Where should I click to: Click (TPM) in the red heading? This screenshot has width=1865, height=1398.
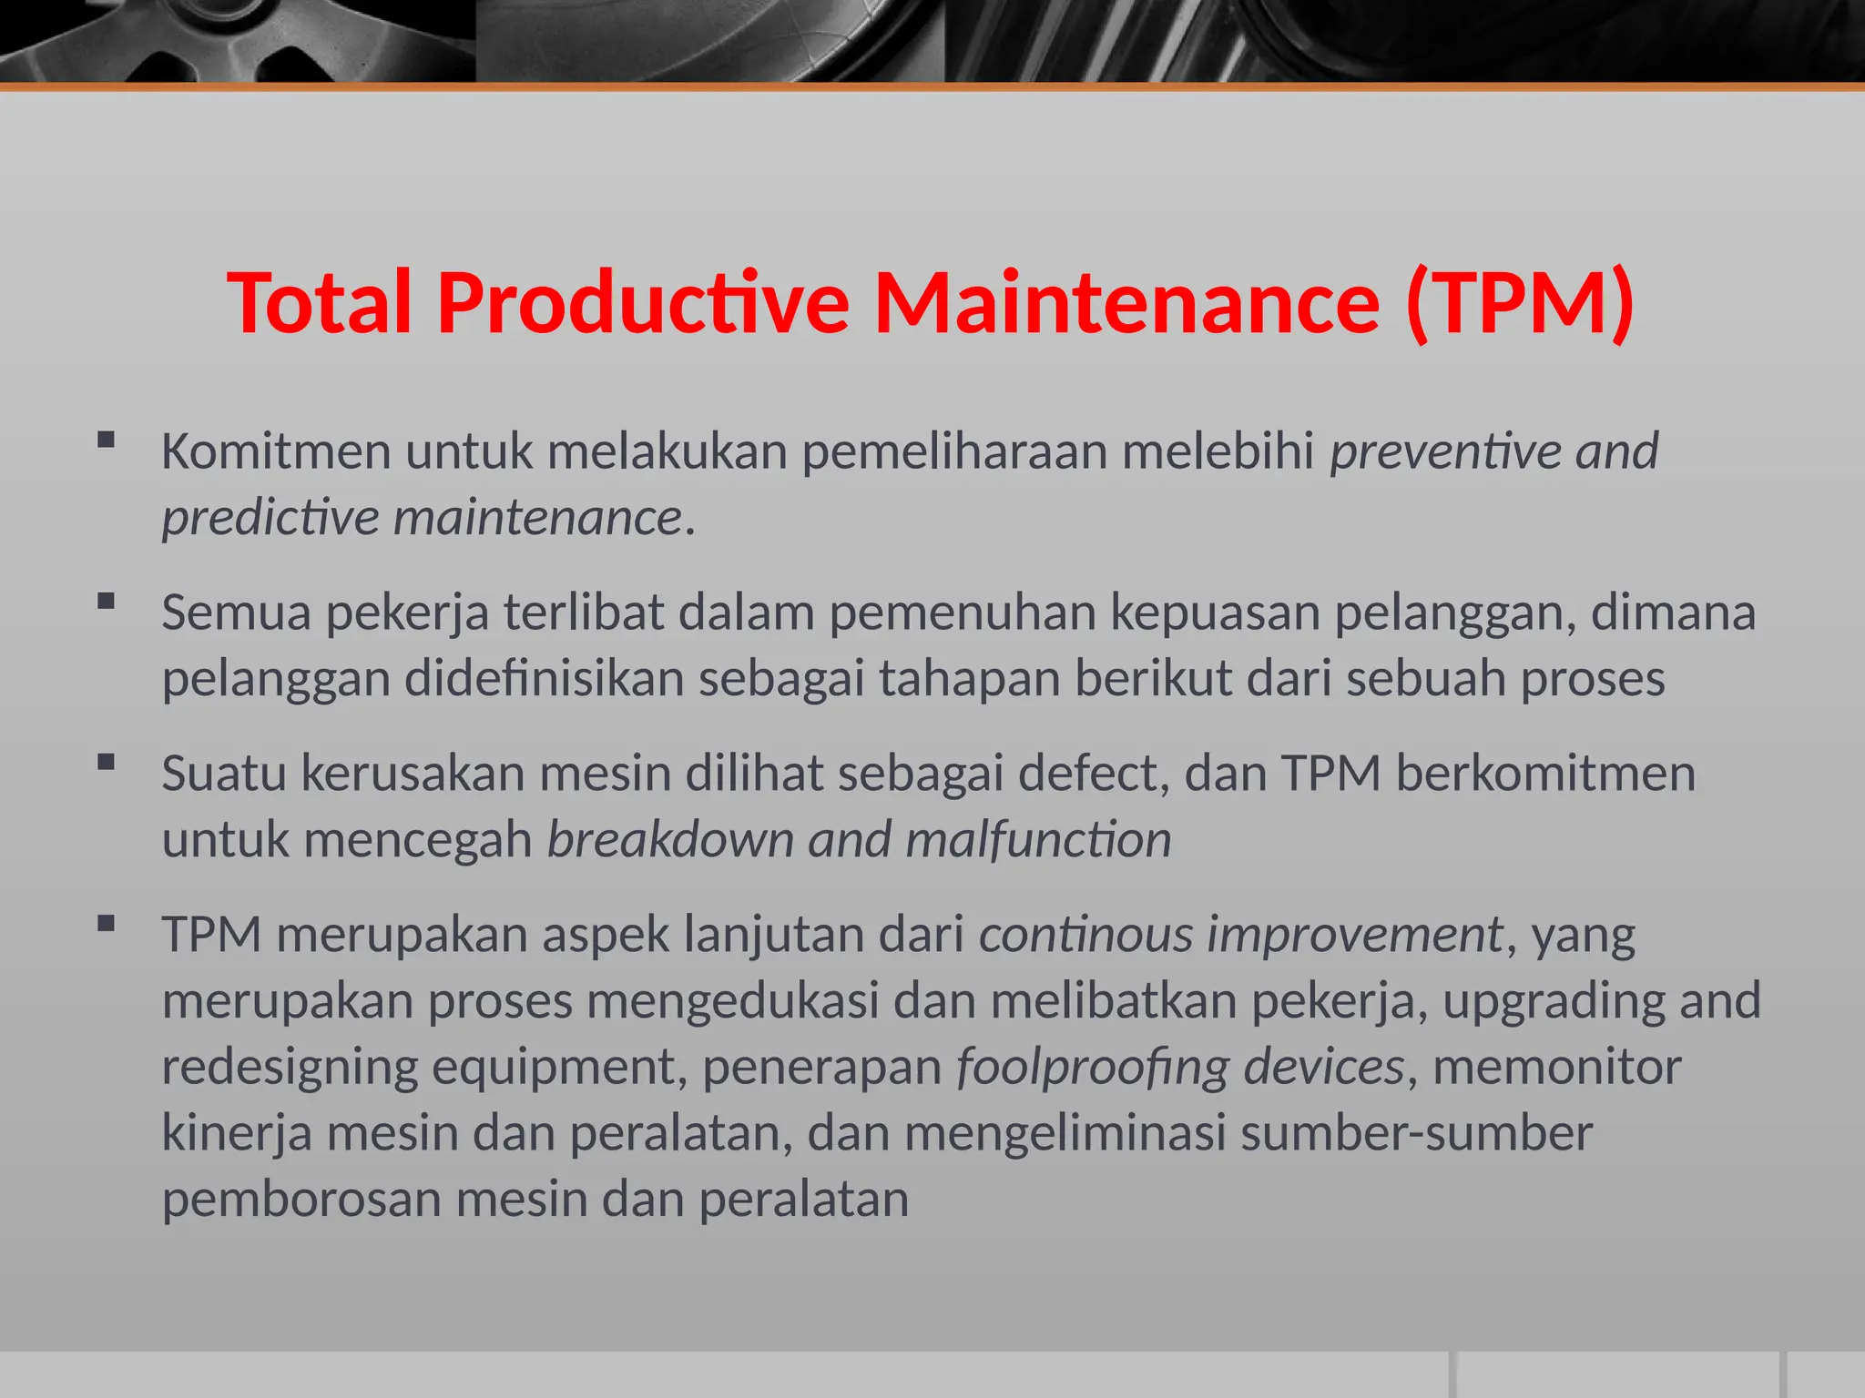click(1519, 303)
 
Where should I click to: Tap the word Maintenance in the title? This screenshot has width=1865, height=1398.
click(1126, 303)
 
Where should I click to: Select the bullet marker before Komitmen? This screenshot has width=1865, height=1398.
click(106, 441)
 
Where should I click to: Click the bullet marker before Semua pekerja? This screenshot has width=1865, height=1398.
click(106, 602)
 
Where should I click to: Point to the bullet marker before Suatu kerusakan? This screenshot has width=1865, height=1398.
click(106, 763)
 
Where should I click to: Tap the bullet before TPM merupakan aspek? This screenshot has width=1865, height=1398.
click(106, 925)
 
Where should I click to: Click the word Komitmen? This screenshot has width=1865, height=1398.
click(276, 451)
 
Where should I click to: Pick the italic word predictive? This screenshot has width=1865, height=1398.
click(270, 518)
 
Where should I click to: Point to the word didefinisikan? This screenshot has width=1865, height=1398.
click(544, 679)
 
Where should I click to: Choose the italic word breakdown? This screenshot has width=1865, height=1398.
click(669, 840)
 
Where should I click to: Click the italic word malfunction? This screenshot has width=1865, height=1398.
click(1038, 840)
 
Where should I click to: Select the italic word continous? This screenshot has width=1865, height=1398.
click(1085, 935)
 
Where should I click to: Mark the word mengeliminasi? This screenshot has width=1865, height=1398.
click(1065, 1134)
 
